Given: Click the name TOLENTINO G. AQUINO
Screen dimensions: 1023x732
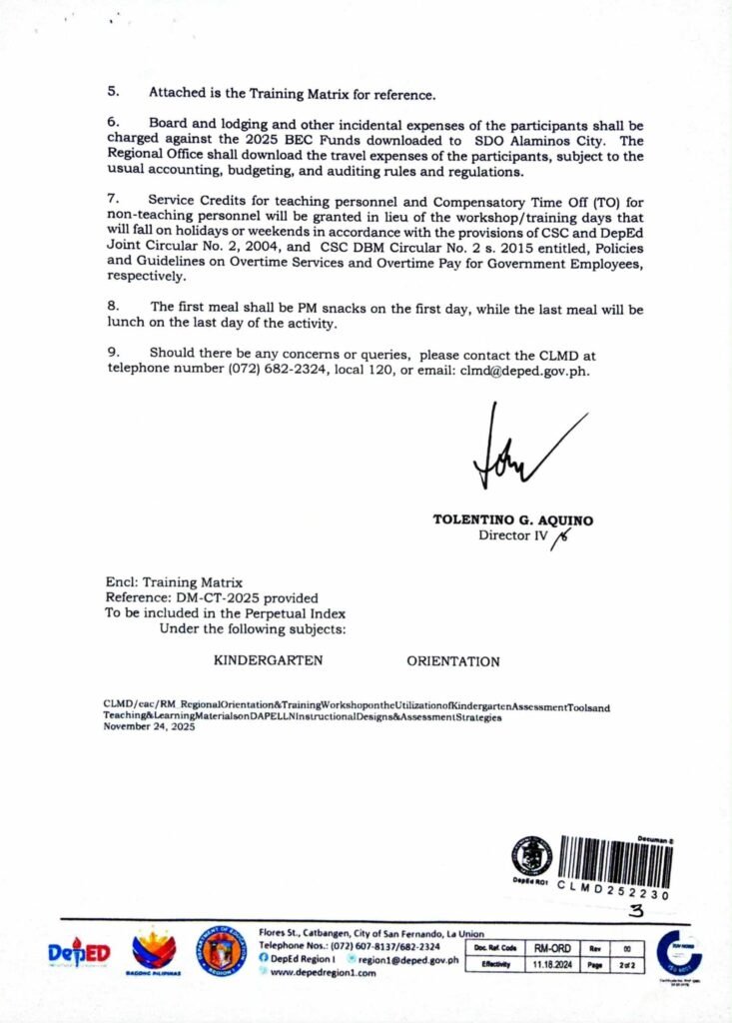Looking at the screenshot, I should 512,520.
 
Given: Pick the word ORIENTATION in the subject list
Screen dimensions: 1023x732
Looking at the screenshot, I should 453,661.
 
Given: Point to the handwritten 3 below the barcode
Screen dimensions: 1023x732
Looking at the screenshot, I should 635,909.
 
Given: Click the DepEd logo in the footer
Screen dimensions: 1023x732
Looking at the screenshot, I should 80,954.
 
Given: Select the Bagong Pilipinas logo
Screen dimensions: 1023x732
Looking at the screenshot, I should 155,952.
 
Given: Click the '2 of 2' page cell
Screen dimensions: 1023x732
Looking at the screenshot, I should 628,964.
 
